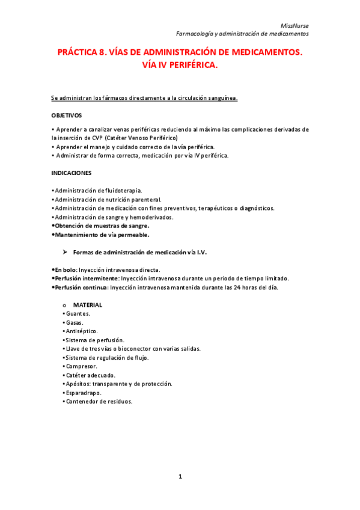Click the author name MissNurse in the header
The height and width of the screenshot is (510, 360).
click(x=297, y=25)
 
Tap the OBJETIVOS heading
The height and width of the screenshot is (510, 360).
click(x=67, y=115)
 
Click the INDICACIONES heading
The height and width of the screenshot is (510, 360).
click(x=72, y=173)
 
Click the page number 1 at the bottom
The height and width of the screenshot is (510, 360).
click(x=180, y=477)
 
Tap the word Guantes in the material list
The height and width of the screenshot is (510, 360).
click(x=78, y=314)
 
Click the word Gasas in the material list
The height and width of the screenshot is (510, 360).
click(x=75, y=322)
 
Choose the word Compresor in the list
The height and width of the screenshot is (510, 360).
click(x=81, y=366)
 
